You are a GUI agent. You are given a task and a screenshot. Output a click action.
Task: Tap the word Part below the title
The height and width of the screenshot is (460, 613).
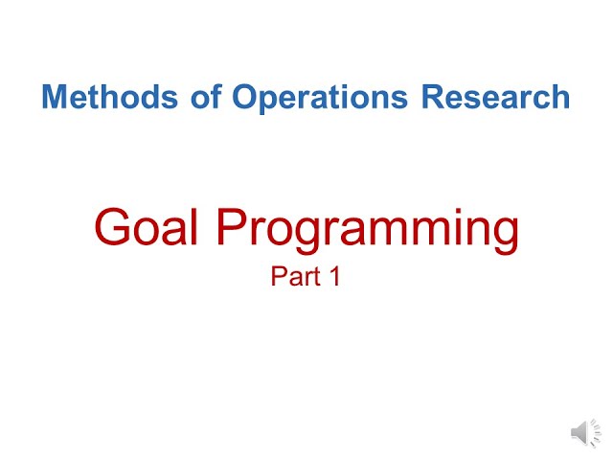tap(294, 278)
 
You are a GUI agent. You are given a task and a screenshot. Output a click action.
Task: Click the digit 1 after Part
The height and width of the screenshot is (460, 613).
tap(334, 278)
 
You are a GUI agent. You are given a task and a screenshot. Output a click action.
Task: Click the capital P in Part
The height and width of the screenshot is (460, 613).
tap(278, 278)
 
